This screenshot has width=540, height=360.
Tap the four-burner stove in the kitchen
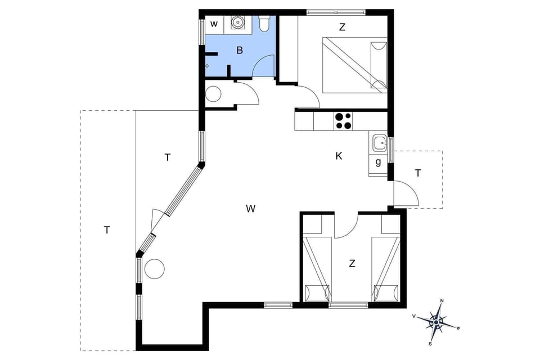click(x=343, y=121)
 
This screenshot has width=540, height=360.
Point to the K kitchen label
click(x=339, y=156)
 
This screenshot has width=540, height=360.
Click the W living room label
click(x=251, y=209)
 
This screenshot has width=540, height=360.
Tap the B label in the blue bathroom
click(x=240, y=51)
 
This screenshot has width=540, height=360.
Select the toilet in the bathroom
click(x=264, y=24)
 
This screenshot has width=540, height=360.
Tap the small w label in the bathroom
click(x=214, y=24)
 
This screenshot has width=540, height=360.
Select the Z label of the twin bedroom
click(x=352, y=263)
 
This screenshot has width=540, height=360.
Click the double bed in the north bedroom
click(x=354, y=65)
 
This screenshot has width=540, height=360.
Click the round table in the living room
click(x=155, y=269)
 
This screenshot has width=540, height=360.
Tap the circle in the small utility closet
click(x=214, y=94)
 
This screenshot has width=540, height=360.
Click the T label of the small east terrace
click(x=418, y=173)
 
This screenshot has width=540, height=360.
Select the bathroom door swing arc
click(x=263, y=66)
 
